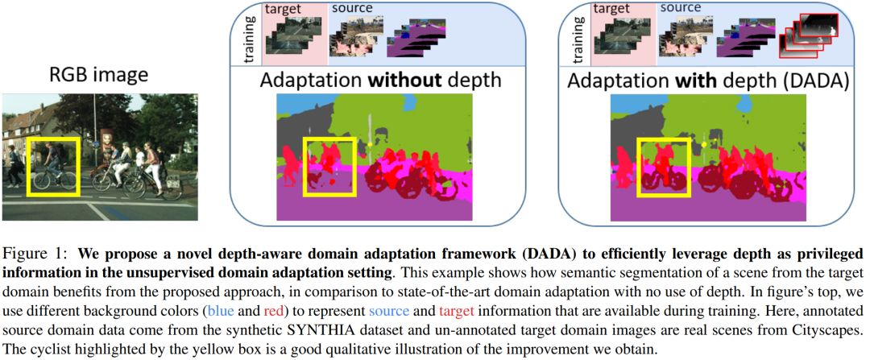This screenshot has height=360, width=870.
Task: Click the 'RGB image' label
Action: tap(97, 77)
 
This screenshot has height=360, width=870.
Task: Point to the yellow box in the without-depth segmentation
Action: tap(329, 167)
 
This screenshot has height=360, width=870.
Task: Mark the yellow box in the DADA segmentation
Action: tap(663, 167)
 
